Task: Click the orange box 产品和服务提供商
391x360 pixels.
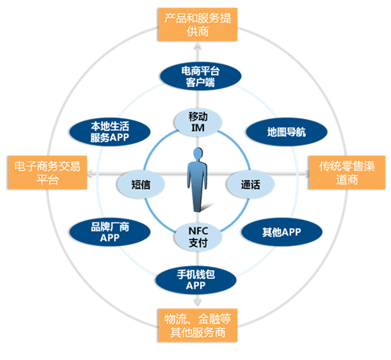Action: click(198, 25)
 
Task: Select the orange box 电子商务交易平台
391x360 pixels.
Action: click(47, 173)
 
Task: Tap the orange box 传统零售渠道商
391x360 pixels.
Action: click(347, 173)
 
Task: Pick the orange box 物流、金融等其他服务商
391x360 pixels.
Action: click(198, 325)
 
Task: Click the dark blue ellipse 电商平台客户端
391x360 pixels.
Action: click(201, 76)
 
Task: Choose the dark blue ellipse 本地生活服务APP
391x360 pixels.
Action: click(110, 132)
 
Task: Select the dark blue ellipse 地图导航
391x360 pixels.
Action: click(287, 132)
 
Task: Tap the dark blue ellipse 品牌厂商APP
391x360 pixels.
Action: click(110, 232)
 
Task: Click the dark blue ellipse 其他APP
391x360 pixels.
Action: click(282, 232)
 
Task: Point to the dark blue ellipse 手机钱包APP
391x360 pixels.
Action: click(196, 280)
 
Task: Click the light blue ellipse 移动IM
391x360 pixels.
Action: click(198, 122)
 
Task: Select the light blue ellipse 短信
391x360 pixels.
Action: click(141, 184)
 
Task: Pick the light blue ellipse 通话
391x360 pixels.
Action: click(250, 184)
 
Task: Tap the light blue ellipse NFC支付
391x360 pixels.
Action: click(198, 237)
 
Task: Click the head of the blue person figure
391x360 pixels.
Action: click(198, 153)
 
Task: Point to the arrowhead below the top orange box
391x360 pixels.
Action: click(198, 46)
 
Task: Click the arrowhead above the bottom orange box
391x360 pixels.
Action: click(198, 302)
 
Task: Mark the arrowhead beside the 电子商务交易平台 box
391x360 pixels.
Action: click(92, 174)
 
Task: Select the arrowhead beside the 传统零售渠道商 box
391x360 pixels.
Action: click(305, 174)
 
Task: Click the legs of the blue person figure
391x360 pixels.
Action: click(198, 198)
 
